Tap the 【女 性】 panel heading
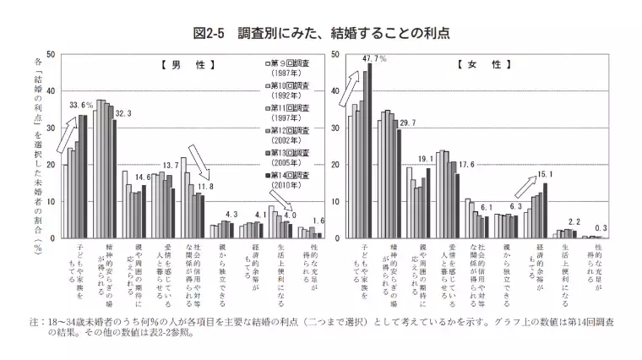point(482,65)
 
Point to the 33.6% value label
point(81,106)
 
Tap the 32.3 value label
point(123,112)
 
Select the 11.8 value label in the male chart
point(205,185)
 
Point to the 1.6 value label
point(319,221)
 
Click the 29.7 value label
point(407,123)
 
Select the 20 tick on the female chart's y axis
point(335,165)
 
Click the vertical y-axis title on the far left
point(39,152)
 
